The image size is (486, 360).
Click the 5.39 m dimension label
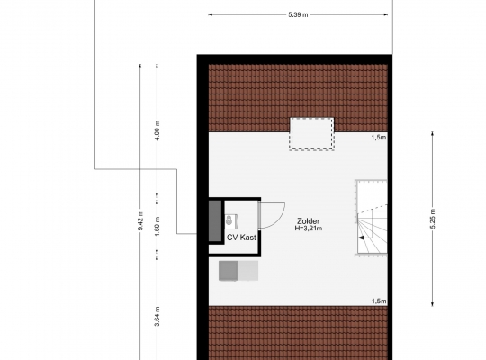(x=298, y=14)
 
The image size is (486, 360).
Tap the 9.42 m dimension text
(x=140, y=220)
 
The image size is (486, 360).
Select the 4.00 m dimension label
(x=157, y=130)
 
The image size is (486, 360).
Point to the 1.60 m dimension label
(x=157, y=225)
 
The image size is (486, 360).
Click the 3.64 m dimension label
(x=157, y=316)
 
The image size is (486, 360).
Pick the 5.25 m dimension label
(x=433, y=219)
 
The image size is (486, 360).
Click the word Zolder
(x=309, y=221)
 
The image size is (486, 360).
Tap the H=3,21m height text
(x=309, y=229)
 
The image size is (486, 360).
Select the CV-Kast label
(x=241, y=238)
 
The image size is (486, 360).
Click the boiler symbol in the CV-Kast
(x=231, y=220)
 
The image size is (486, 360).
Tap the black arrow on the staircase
(x=362, y=238)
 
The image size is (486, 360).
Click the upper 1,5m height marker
(x=379, y=138)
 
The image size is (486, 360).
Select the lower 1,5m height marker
(x=379, y=301)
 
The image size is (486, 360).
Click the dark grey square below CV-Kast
(x=229, y=271)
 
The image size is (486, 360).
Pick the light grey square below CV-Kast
(x=248, y=271)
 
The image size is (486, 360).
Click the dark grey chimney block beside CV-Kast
(x=215, y=220)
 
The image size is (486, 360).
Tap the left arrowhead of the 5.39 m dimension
(x=210, y=14)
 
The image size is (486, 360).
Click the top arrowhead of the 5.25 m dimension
(x=433, y=133)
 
